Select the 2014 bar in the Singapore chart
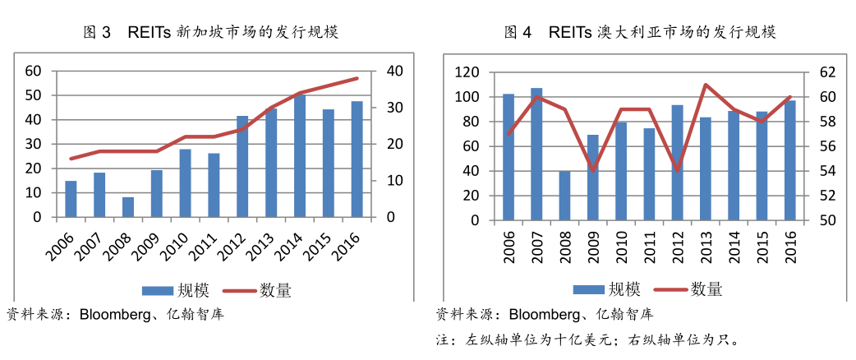(300, 156)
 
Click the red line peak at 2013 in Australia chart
(705, 85)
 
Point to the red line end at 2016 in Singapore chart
(357, 78)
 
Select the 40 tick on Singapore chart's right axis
(394, 71)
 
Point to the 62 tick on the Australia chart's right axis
(825, 72)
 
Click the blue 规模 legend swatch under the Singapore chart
(155, 289)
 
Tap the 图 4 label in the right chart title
(518, 33)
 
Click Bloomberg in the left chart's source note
(115, 314)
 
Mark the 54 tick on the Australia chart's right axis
(825, 171)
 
